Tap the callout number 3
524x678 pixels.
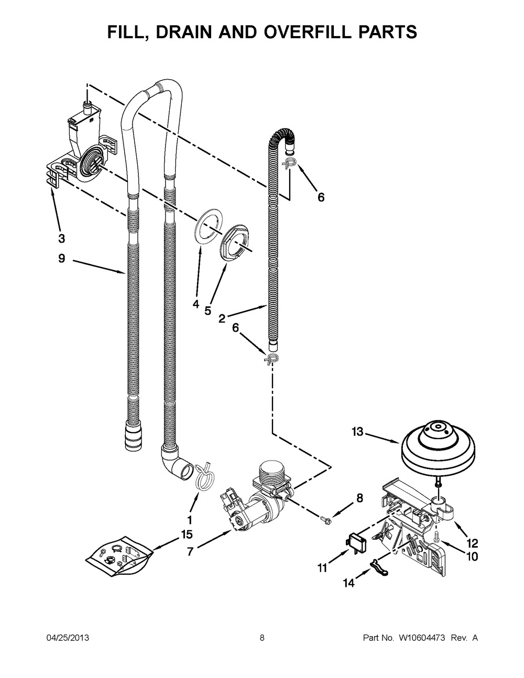(x=62, y=238)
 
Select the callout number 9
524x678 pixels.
(x=62, y=258)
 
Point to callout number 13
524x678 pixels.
(x=358, y=432)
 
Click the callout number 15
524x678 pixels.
(x=187, y=534)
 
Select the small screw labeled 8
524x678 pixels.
(x=326, y=519)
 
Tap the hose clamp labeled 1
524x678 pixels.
(x=204, y=478)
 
